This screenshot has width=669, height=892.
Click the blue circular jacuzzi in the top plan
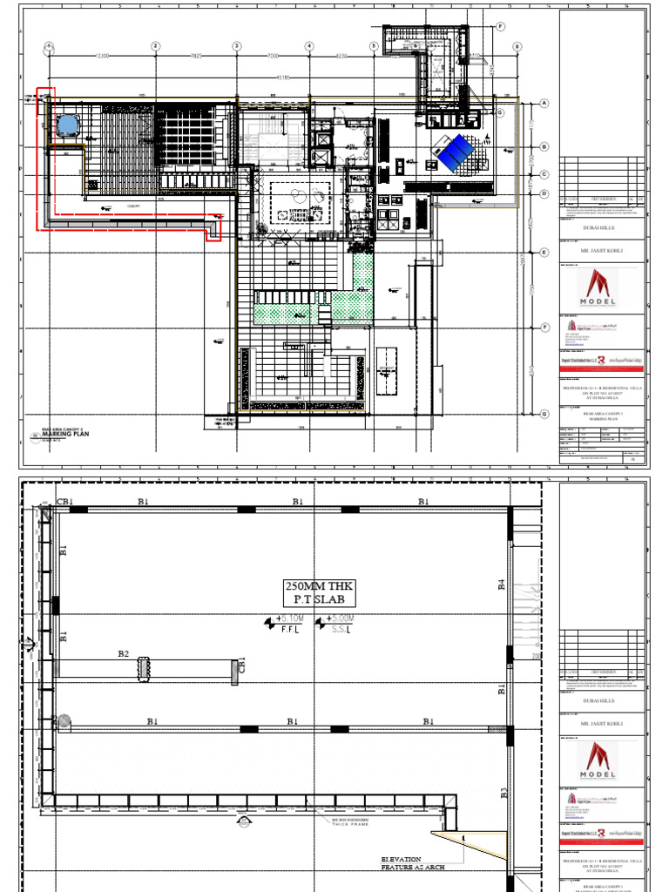pos(66,125)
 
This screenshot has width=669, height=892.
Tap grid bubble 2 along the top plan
pos(155,46)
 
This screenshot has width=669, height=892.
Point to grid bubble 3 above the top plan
pos(236,46)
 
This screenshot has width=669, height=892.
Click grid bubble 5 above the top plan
pos(373,46)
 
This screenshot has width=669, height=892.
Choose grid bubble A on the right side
pos(544,103)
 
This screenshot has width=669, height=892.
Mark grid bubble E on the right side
pos(544,253)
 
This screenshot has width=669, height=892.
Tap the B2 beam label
pos(123,653)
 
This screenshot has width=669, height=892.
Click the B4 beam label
pos(503,585)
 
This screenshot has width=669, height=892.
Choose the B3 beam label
pos(503,794)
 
